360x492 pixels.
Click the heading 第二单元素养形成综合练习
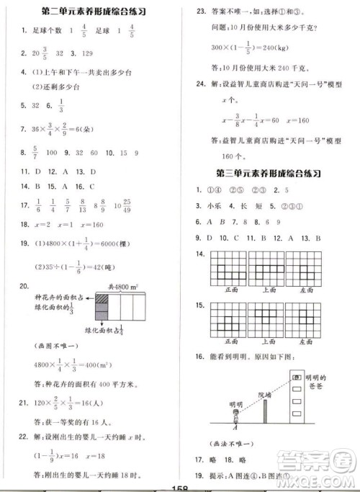click(94, 12)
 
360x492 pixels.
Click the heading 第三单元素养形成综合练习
click(267, 174)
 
